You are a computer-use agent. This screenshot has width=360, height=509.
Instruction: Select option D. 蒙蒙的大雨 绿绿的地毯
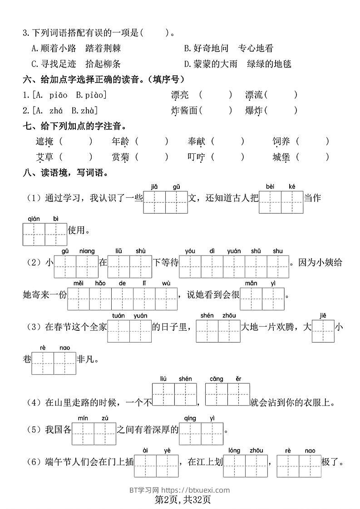coord(237,64)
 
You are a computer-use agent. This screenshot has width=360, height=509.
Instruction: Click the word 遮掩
coord(44,142)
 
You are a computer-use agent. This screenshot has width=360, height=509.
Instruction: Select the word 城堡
coord(281,157)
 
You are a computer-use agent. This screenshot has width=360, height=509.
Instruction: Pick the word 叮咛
coord(196,157)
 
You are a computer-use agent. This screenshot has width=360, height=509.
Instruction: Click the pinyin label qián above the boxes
coord(34,218)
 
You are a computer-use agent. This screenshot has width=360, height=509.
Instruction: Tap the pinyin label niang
coord(87,251)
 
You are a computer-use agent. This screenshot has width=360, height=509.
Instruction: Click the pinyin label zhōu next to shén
coord(229,316)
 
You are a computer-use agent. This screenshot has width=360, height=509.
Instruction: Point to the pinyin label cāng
coord(216,379)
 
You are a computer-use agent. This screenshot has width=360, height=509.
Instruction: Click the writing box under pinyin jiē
coord(323,332)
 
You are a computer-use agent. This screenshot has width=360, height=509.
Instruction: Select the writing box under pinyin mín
coord(83,434)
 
